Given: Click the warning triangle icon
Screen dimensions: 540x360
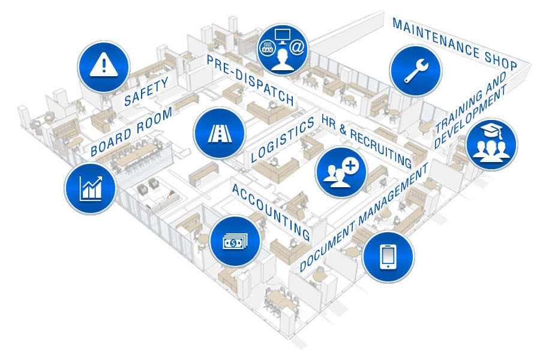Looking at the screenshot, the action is click(x=104, y=65).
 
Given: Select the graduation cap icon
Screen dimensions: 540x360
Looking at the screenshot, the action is click(x=491, y=144).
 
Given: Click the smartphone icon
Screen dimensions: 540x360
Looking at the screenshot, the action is click(x=388, y=257).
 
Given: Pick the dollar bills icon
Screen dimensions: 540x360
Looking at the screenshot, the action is click(x=235, y=241).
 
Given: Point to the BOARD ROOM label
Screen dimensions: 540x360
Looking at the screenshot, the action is click(x=131, y=133).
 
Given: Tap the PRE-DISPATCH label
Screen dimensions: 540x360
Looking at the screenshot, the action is click(x=250, y=80).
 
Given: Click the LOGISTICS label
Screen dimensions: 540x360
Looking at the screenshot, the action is click(x=282, y=140).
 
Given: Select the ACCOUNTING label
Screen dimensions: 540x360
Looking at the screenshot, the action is click(x=271, y=212).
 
